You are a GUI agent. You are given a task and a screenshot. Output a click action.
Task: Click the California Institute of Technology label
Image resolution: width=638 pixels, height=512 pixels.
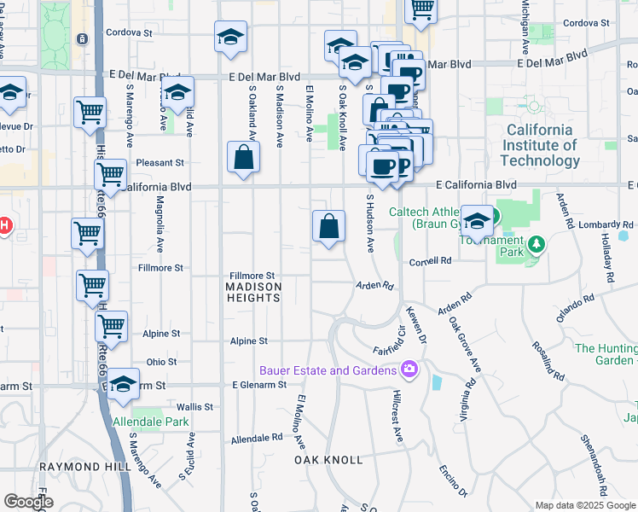tap(541, 145)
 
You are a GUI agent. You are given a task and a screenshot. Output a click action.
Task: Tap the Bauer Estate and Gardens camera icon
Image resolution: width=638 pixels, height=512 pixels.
tap(409, 369)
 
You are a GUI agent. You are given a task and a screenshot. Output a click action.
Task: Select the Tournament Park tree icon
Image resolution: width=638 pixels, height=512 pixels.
tap(536, 246)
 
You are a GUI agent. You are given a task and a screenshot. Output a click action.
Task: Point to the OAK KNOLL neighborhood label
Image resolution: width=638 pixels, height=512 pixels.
tap(328, 460)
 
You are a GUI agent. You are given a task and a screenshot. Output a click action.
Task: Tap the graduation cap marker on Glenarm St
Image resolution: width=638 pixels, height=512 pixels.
tap(125, 385)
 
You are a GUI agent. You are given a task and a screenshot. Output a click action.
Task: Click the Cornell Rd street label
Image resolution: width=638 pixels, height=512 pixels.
tap(429, 261)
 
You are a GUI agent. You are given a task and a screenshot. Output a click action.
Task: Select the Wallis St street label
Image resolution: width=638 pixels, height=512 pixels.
tap(195, 407)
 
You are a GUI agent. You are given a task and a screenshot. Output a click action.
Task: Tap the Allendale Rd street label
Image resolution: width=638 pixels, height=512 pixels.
tap(256, 439)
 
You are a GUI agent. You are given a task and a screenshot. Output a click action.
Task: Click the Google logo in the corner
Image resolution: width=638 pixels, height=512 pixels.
tap(28, 502)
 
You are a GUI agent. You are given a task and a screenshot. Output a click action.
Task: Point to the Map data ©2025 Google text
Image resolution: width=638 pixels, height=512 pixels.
tap(584, 505)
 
